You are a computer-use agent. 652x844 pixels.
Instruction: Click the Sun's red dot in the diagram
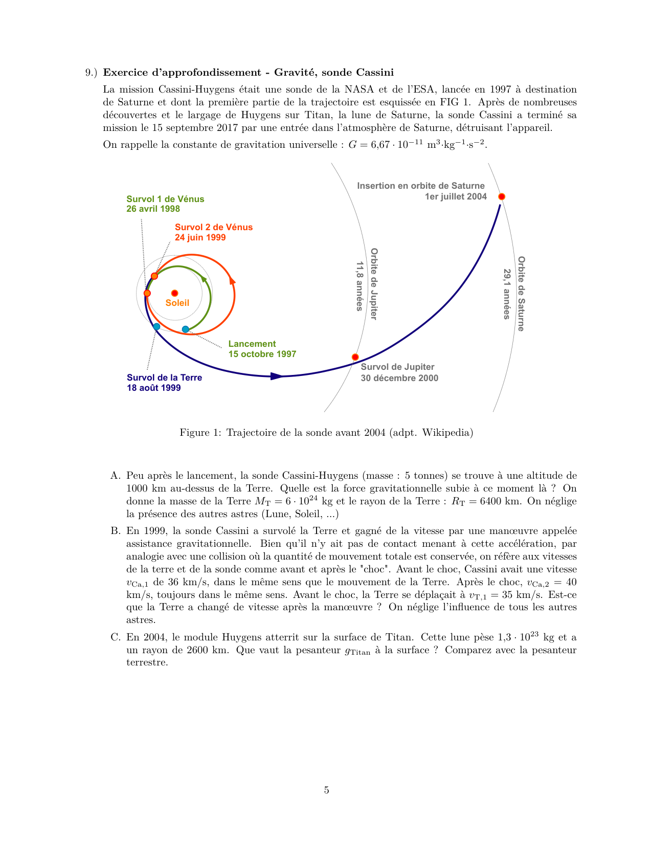(x=174, y=293)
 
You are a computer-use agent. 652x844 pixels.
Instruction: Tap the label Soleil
(x=177, y=303)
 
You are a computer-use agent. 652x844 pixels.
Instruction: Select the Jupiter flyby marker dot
(x=355, y=357)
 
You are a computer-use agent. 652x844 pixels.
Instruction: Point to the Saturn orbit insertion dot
(x=502, y=196)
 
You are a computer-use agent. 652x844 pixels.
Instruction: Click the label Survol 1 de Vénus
(x=165, y=199)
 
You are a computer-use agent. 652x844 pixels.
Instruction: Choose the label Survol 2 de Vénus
(x=214, y=227)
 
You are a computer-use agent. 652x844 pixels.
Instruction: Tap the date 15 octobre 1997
(x=262, y=354)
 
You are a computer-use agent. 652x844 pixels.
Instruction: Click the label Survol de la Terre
(x=164, y=377)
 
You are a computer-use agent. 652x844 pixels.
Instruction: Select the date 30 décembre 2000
(x=399, y=378)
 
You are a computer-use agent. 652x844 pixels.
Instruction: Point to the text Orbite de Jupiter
(x=374, y=284)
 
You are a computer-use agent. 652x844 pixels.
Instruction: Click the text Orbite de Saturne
(x=521, y=294)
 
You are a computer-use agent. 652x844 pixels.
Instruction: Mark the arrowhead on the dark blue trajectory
(x=276, y=376)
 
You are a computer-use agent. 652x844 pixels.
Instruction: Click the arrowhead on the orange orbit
(x=232, y=280)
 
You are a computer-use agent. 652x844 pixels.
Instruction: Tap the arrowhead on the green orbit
(x=205, y=279)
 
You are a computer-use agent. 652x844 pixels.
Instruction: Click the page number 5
(x=326, y=790)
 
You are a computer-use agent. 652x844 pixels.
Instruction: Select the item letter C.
(x=115, y=637)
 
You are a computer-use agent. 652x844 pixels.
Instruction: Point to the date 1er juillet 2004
(x=456, y=196)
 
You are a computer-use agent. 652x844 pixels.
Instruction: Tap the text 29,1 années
(x=507, y=294)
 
